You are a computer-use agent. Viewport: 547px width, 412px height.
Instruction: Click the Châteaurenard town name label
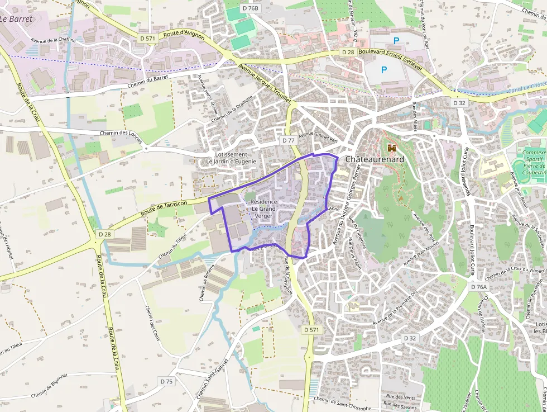click(x=374, y=159)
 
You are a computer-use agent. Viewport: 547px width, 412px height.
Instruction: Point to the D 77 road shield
click(x=288, y=140)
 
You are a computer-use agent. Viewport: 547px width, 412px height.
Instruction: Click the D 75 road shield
click(x=166, y=381)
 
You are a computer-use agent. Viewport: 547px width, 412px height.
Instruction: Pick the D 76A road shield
click(x=478, y=287)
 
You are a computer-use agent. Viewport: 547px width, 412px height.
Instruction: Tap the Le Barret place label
click(x=17, y=19)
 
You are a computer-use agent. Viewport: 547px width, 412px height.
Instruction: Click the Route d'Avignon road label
click(x=184, y=35)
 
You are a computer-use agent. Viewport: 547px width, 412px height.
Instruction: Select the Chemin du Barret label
click(x=148, y=82)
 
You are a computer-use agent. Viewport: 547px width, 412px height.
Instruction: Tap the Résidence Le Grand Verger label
click(x=262, y=208)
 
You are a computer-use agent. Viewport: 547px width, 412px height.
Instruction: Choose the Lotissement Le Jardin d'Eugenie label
click(x=231, y=158)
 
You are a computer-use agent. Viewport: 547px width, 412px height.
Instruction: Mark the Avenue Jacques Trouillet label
click(x=265, y=84)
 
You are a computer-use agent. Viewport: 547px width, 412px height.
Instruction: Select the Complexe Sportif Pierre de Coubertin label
click(x=534, y=163)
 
